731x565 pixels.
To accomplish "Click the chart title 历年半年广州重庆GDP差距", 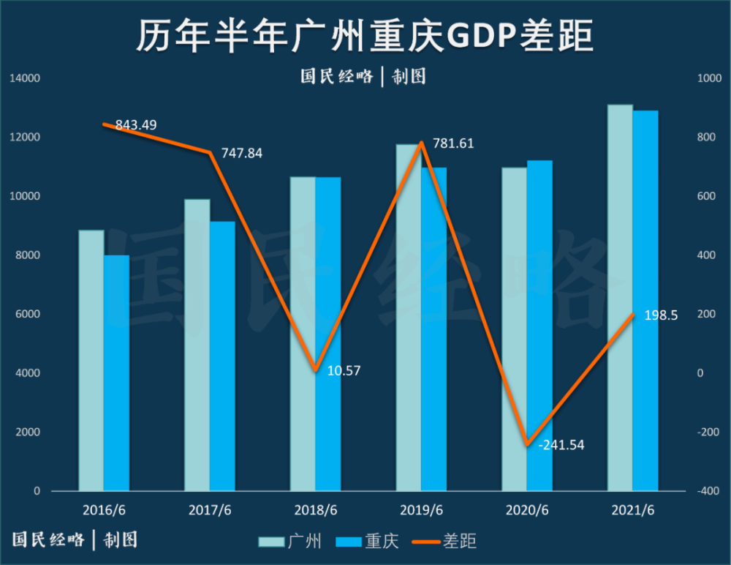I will click(x=365, y=36).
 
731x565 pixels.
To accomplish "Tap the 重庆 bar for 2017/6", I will click(x=222, y=356).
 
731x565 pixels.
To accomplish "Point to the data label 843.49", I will click(x=136, y=125).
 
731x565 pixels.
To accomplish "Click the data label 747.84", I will click(x=241, y=154).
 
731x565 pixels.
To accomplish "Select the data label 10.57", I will click(x=342, y=370).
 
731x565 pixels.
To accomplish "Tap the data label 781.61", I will click(x=453, y=143).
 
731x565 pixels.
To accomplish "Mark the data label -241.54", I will click(x=561, y=445).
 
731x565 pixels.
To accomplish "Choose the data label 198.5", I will click(x=662, y=315).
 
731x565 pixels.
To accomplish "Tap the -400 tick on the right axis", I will click(x=706, y=491).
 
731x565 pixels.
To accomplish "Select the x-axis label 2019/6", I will click(x=421, y=509).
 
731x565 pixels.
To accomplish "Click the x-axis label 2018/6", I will click(x=315, y=509).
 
